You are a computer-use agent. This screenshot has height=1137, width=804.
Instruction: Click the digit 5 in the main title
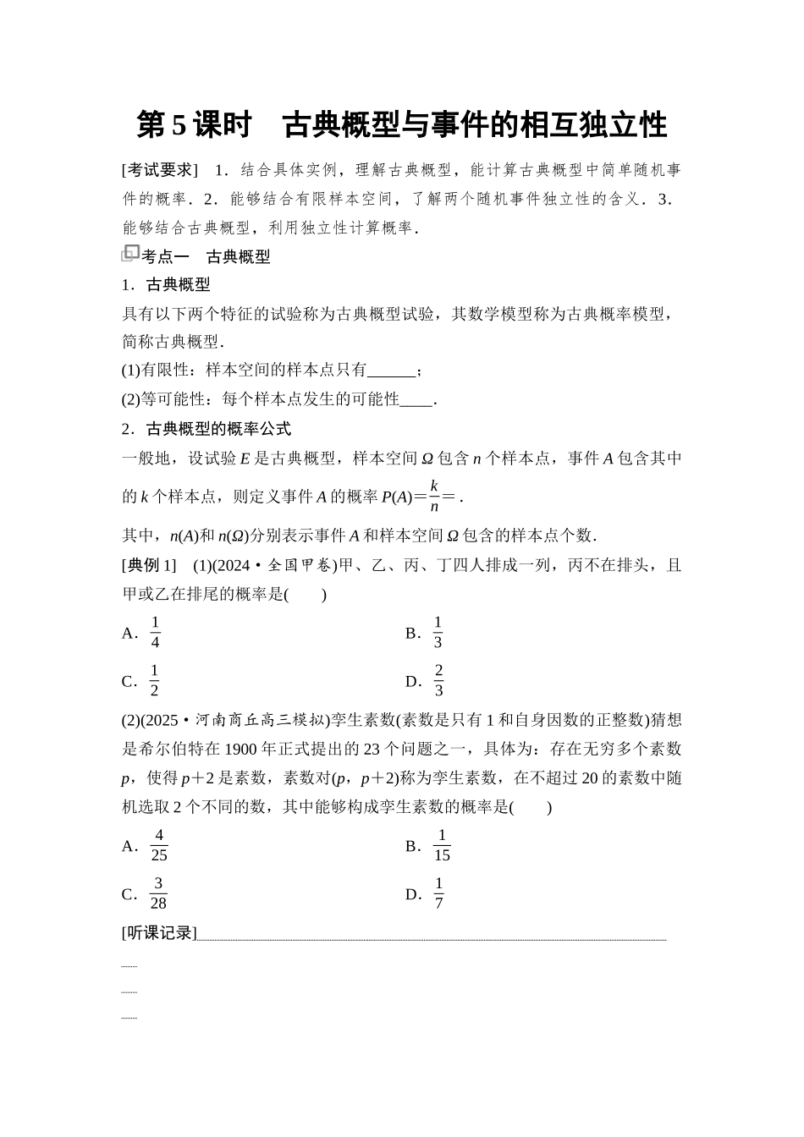(x=178, y=125)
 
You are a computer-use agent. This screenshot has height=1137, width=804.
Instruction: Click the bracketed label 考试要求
(x=159, y=170)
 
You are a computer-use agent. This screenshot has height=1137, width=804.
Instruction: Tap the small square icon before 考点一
(x=129, y=253)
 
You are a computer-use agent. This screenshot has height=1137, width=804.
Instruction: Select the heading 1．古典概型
(x=166, y=284)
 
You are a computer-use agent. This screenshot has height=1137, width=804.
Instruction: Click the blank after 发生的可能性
(x=416, y=399)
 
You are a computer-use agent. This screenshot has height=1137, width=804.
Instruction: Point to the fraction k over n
(x=434, y=496)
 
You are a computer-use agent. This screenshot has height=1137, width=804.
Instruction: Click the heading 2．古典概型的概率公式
(x=206, y=429)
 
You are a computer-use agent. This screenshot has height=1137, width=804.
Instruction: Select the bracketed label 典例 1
(x=149, y=565)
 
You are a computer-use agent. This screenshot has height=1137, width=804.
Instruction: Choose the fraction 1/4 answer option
(x=155, y=632)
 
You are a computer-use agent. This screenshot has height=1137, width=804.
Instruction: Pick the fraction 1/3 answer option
(x=438, y=632)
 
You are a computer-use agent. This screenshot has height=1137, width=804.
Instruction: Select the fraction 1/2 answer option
(x=154, y=680)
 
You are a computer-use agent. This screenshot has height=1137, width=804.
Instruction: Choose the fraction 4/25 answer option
(x=158, y=845)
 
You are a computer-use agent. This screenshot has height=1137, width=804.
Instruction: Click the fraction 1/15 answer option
(x=441, y=845)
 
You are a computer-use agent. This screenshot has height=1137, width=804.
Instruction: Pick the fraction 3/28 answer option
(x=158, y=893)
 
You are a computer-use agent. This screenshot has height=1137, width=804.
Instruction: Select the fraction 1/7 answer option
(x=438, y=893)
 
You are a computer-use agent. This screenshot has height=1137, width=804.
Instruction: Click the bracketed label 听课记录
(x=159, y=933)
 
